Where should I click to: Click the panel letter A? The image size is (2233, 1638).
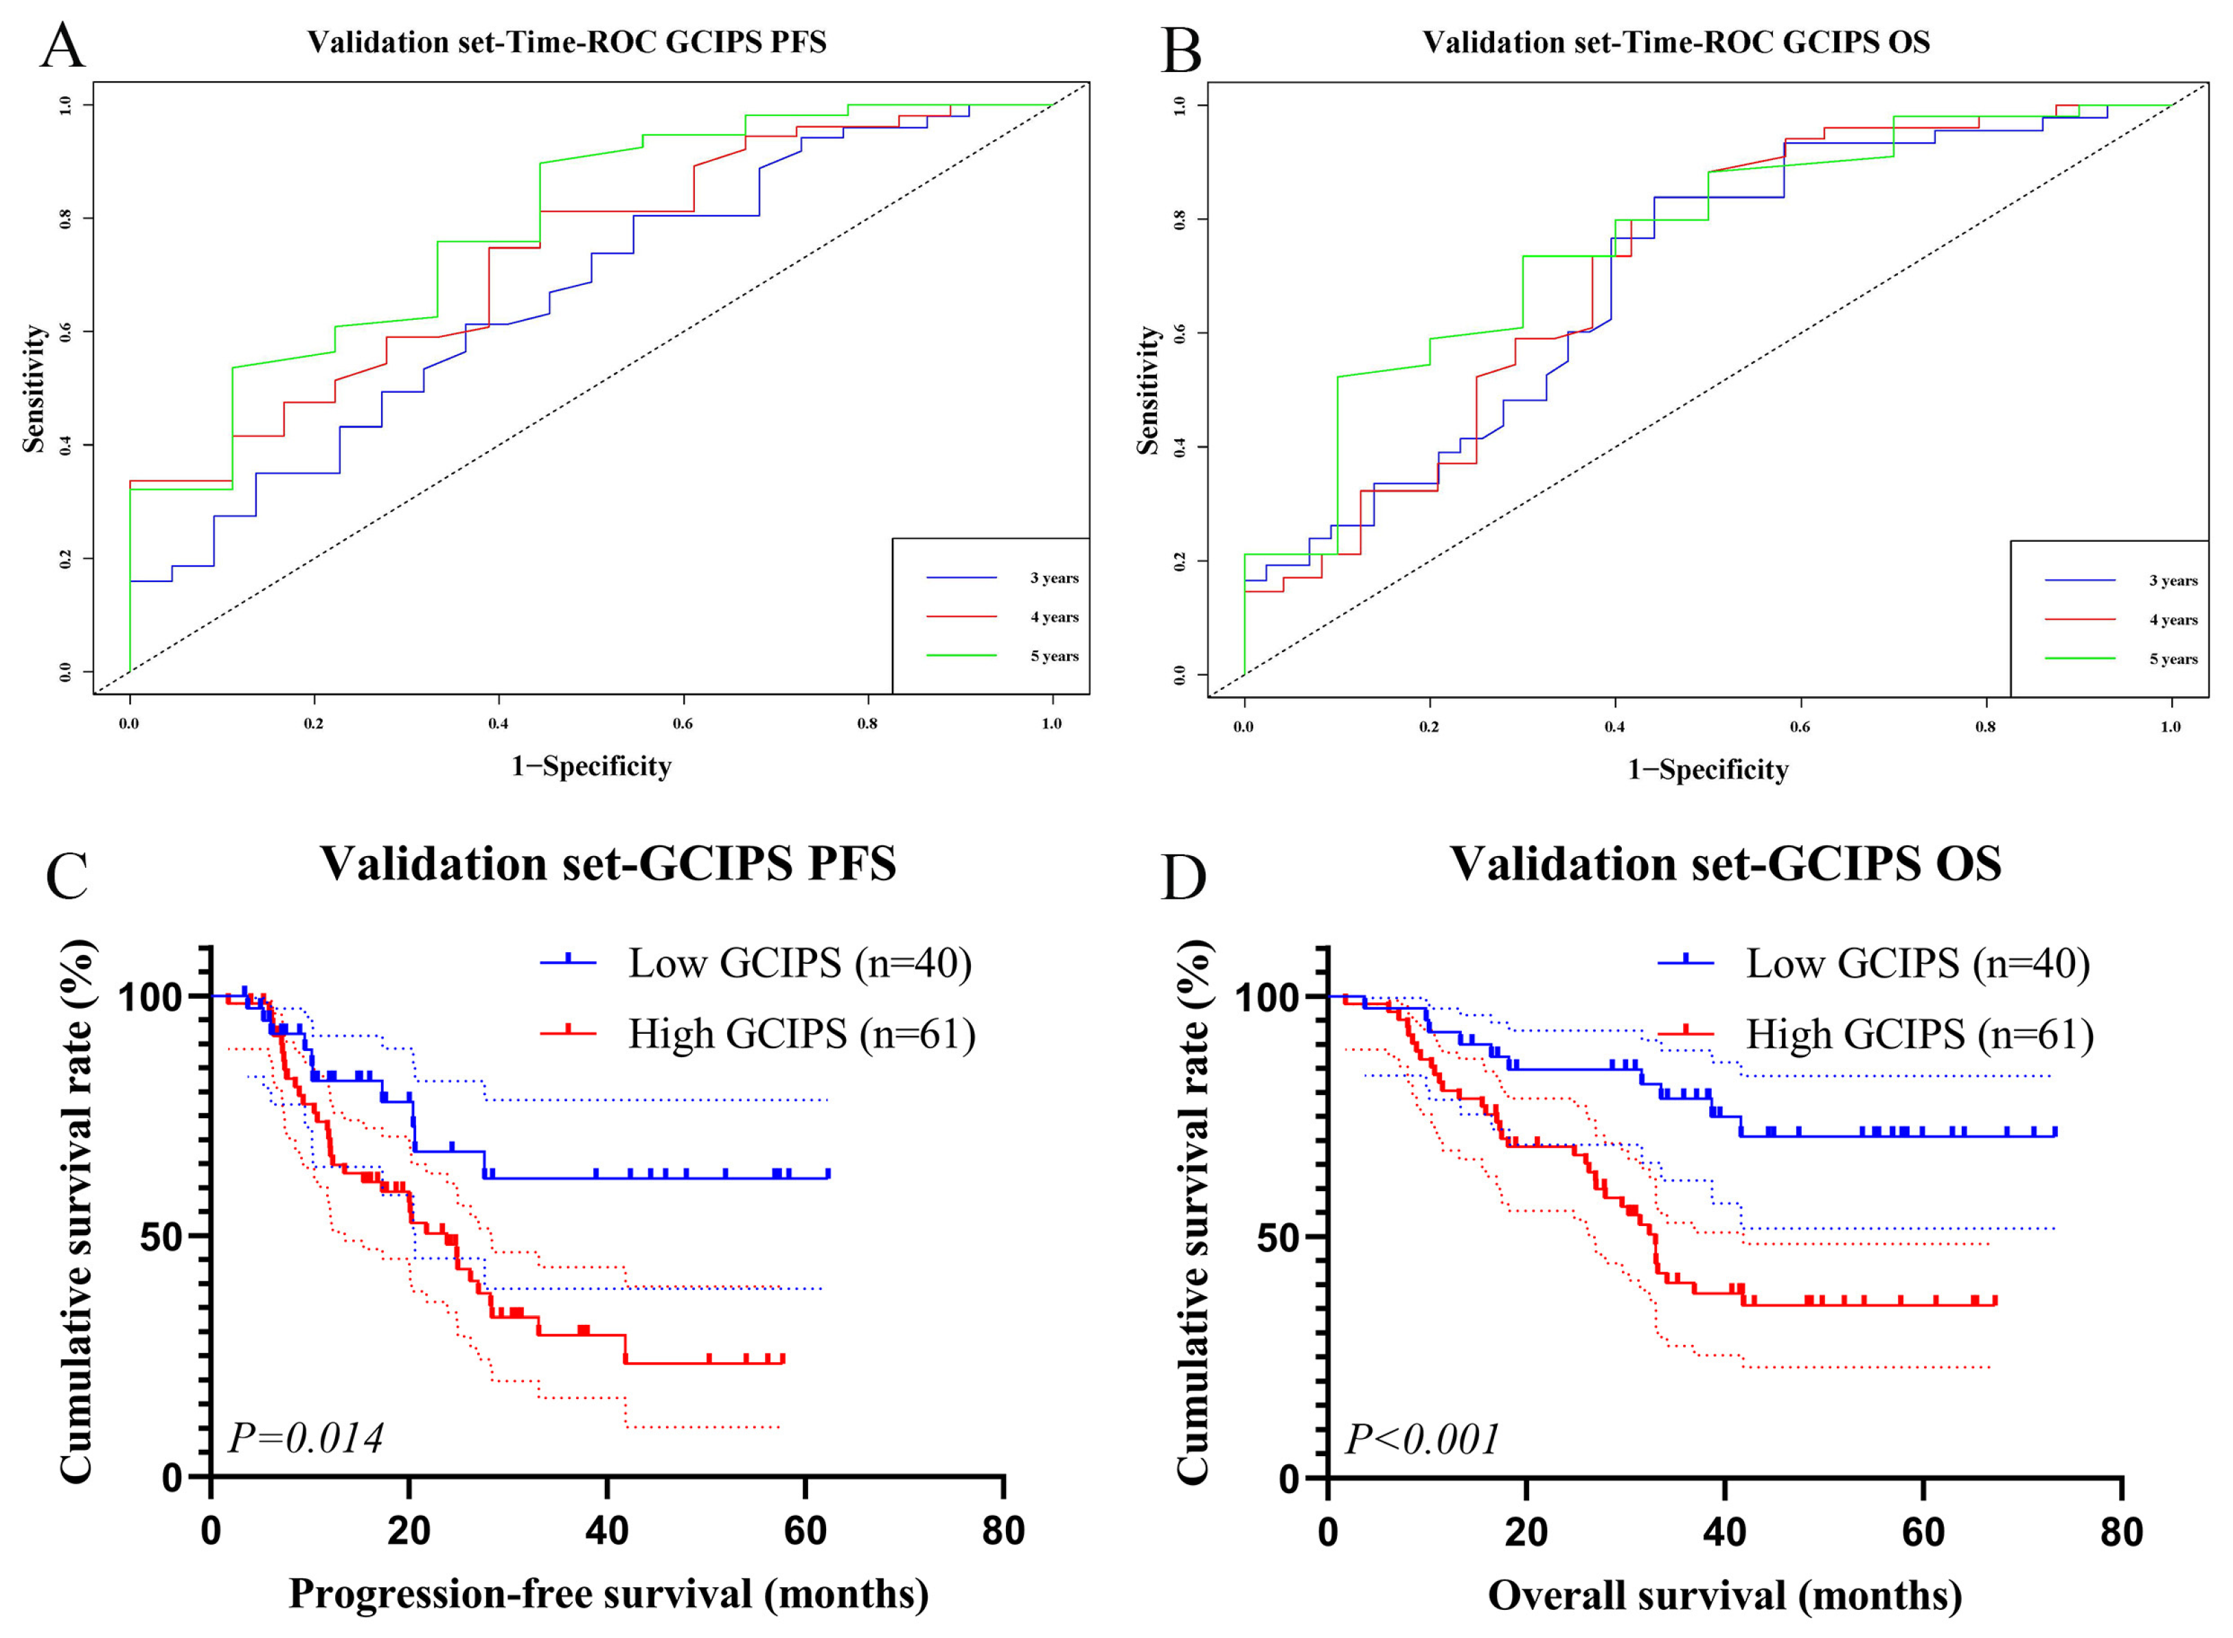point(62,45)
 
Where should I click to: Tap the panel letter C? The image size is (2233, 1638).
point(67,873)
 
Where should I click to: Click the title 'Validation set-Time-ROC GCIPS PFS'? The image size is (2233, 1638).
point(566,43)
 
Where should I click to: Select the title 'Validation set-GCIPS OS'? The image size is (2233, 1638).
point(1726,864)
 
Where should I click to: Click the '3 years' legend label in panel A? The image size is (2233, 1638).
point(1054,578)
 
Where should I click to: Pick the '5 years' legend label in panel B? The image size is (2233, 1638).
point(2173,659)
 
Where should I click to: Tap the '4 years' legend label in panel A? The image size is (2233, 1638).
point(1054,616)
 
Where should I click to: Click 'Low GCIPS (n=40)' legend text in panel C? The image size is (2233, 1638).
point(799,962)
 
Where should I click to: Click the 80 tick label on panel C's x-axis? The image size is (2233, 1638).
point(1003,1532)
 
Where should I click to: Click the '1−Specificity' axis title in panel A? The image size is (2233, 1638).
point(592,766)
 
